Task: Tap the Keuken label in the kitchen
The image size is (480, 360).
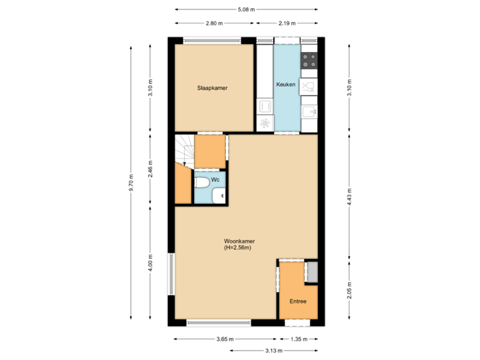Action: tap(287, 84)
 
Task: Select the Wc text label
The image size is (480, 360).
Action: tap(215, 180)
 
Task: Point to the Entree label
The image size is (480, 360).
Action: tap(298, 301)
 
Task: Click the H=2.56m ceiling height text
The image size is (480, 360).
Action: tap(237, 248)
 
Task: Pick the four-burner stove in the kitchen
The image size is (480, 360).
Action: tap(309, 61)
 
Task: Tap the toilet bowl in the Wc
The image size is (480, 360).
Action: tap(201, 183)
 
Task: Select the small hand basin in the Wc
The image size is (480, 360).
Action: tap(219, 196)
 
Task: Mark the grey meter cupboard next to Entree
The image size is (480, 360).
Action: tap(312, 271)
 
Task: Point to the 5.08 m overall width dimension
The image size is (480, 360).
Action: tap(246, 9)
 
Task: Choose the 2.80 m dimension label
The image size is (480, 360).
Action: tap(213, 23)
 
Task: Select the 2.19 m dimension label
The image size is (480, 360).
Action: tap(287, 23)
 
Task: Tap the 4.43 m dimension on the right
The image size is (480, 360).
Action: tap(349, 197)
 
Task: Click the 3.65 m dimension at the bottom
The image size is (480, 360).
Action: tap(225, 339)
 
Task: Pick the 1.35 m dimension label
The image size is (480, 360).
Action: tap(299, 339)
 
